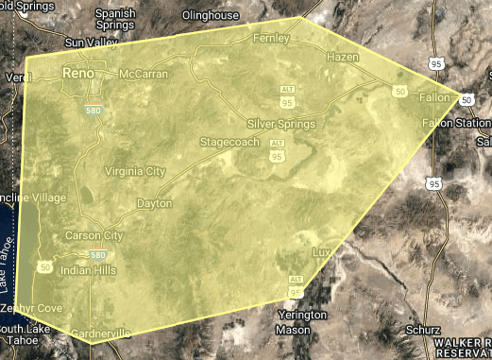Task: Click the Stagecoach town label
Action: tap(228, 142)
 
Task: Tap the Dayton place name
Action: tap(154, 203)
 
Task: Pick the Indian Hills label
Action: tap(88, 271)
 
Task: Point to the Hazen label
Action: tap(342, 58)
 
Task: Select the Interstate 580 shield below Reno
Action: tap(93, 110)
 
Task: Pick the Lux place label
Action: tap(322, 252)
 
